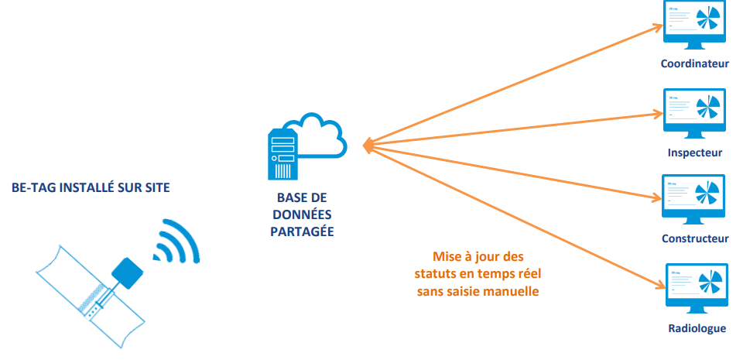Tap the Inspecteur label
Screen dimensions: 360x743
coord(695,153)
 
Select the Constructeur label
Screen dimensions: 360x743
coord(695,238)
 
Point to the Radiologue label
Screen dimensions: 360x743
coord(697,328)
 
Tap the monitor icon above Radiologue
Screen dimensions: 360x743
coord(693,287)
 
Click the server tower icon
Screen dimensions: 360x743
coord(283,154)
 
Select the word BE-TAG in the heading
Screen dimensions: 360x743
coord(33,187)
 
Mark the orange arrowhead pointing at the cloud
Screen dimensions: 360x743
coord(367,144)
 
